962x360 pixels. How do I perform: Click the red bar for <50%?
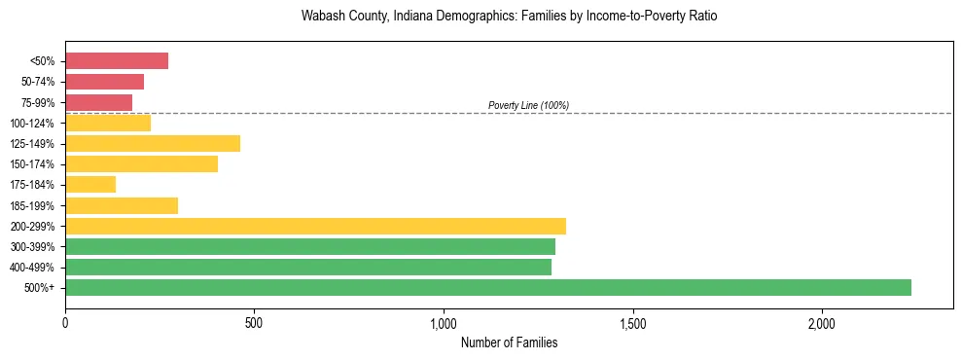[117, 61]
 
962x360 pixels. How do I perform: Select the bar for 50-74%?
[104, 82]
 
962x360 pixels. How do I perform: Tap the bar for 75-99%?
[98, 102]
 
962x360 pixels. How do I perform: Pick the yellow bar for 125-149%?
[153, 144]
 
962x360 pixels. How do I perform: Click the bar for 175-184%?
[90, 185]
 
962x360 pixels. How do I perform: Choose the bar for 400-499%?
[308, 267]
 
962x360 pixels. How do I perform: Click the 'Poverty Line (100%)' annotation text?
[528, 105]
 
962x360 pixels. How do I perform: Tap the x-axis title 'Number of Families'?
[509, 342]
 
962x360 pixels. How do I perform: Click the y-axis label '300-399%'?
[32, 247]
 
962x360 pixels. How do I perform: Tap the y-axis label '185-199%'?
[32, 206]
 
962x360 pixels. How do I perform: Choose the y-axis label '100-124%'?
[32, 124]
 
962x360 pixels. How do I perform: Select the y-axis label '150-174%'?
[32, 164]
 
